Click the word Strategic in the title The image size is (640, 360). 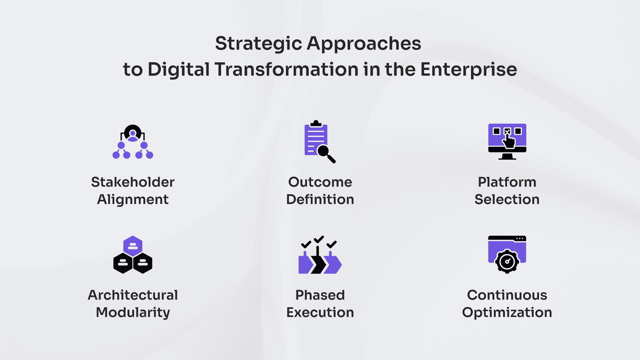[258, 44]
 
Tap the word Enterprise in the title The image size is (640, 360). [468, 70]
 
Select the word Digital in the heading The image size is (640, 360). [178, 70]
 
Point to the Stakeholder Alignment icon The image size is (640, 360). [133, 142]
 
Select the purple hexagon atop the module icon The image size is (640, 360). [133, 246]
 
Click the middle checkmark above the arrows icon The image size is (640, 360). [319, 239]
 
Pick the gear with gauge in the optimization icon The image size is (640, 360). [507, 261]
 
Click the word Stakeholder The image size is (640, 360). [133, 182]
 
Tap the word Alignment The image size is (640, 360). [133, 200]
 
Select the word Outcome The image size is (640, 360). [320, 182]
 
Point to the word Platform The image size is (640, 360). [507, 182]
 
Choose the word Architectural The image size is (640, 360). [133, 295]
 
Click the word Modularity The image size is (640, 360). [133, 313]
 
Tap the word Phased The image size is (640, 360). [320, 295]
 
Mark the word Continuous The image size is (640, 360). [507, 295]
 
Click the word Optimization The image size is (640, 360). [507, 313]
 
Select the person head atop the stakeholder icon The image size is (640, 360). [133, 133]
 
